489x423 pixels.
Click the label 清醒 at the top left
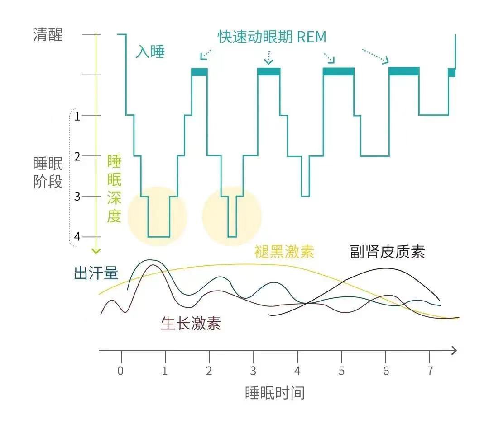tap(48, 35)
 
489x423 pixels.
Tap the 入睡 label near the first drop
tap(150, 52)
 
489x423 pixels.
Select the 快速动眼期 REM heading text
tap(272, 37)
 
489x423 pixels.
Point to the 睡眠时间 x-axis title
tap(275, 392)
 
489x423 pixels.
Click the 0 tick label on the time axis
tap(120, 371)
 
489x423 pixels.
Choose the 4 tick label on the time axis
tap(297, 371)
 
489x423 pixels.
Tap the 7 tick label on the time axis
tap(430, 371)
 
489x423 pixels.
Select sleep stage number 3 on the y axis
tap(77, 197)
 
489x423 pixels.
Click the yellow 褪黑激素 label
tap(284, 252)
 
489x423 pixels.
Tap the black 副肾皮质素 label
tap(387, 252)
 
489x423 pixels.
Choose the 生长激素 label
tap(191, 323)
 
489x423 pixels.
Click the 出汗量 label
tap(96, 273)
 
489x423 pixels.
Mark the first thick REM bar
tap(199, 72)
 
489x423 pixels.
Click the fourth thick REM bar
tap(404, 71)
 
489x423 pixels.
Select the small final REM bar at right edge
tap(451, 72)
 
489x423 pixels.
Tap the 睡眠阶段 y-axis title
tap(48, 173)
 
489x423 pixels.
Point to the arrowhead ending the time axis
tap(454, 350)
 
